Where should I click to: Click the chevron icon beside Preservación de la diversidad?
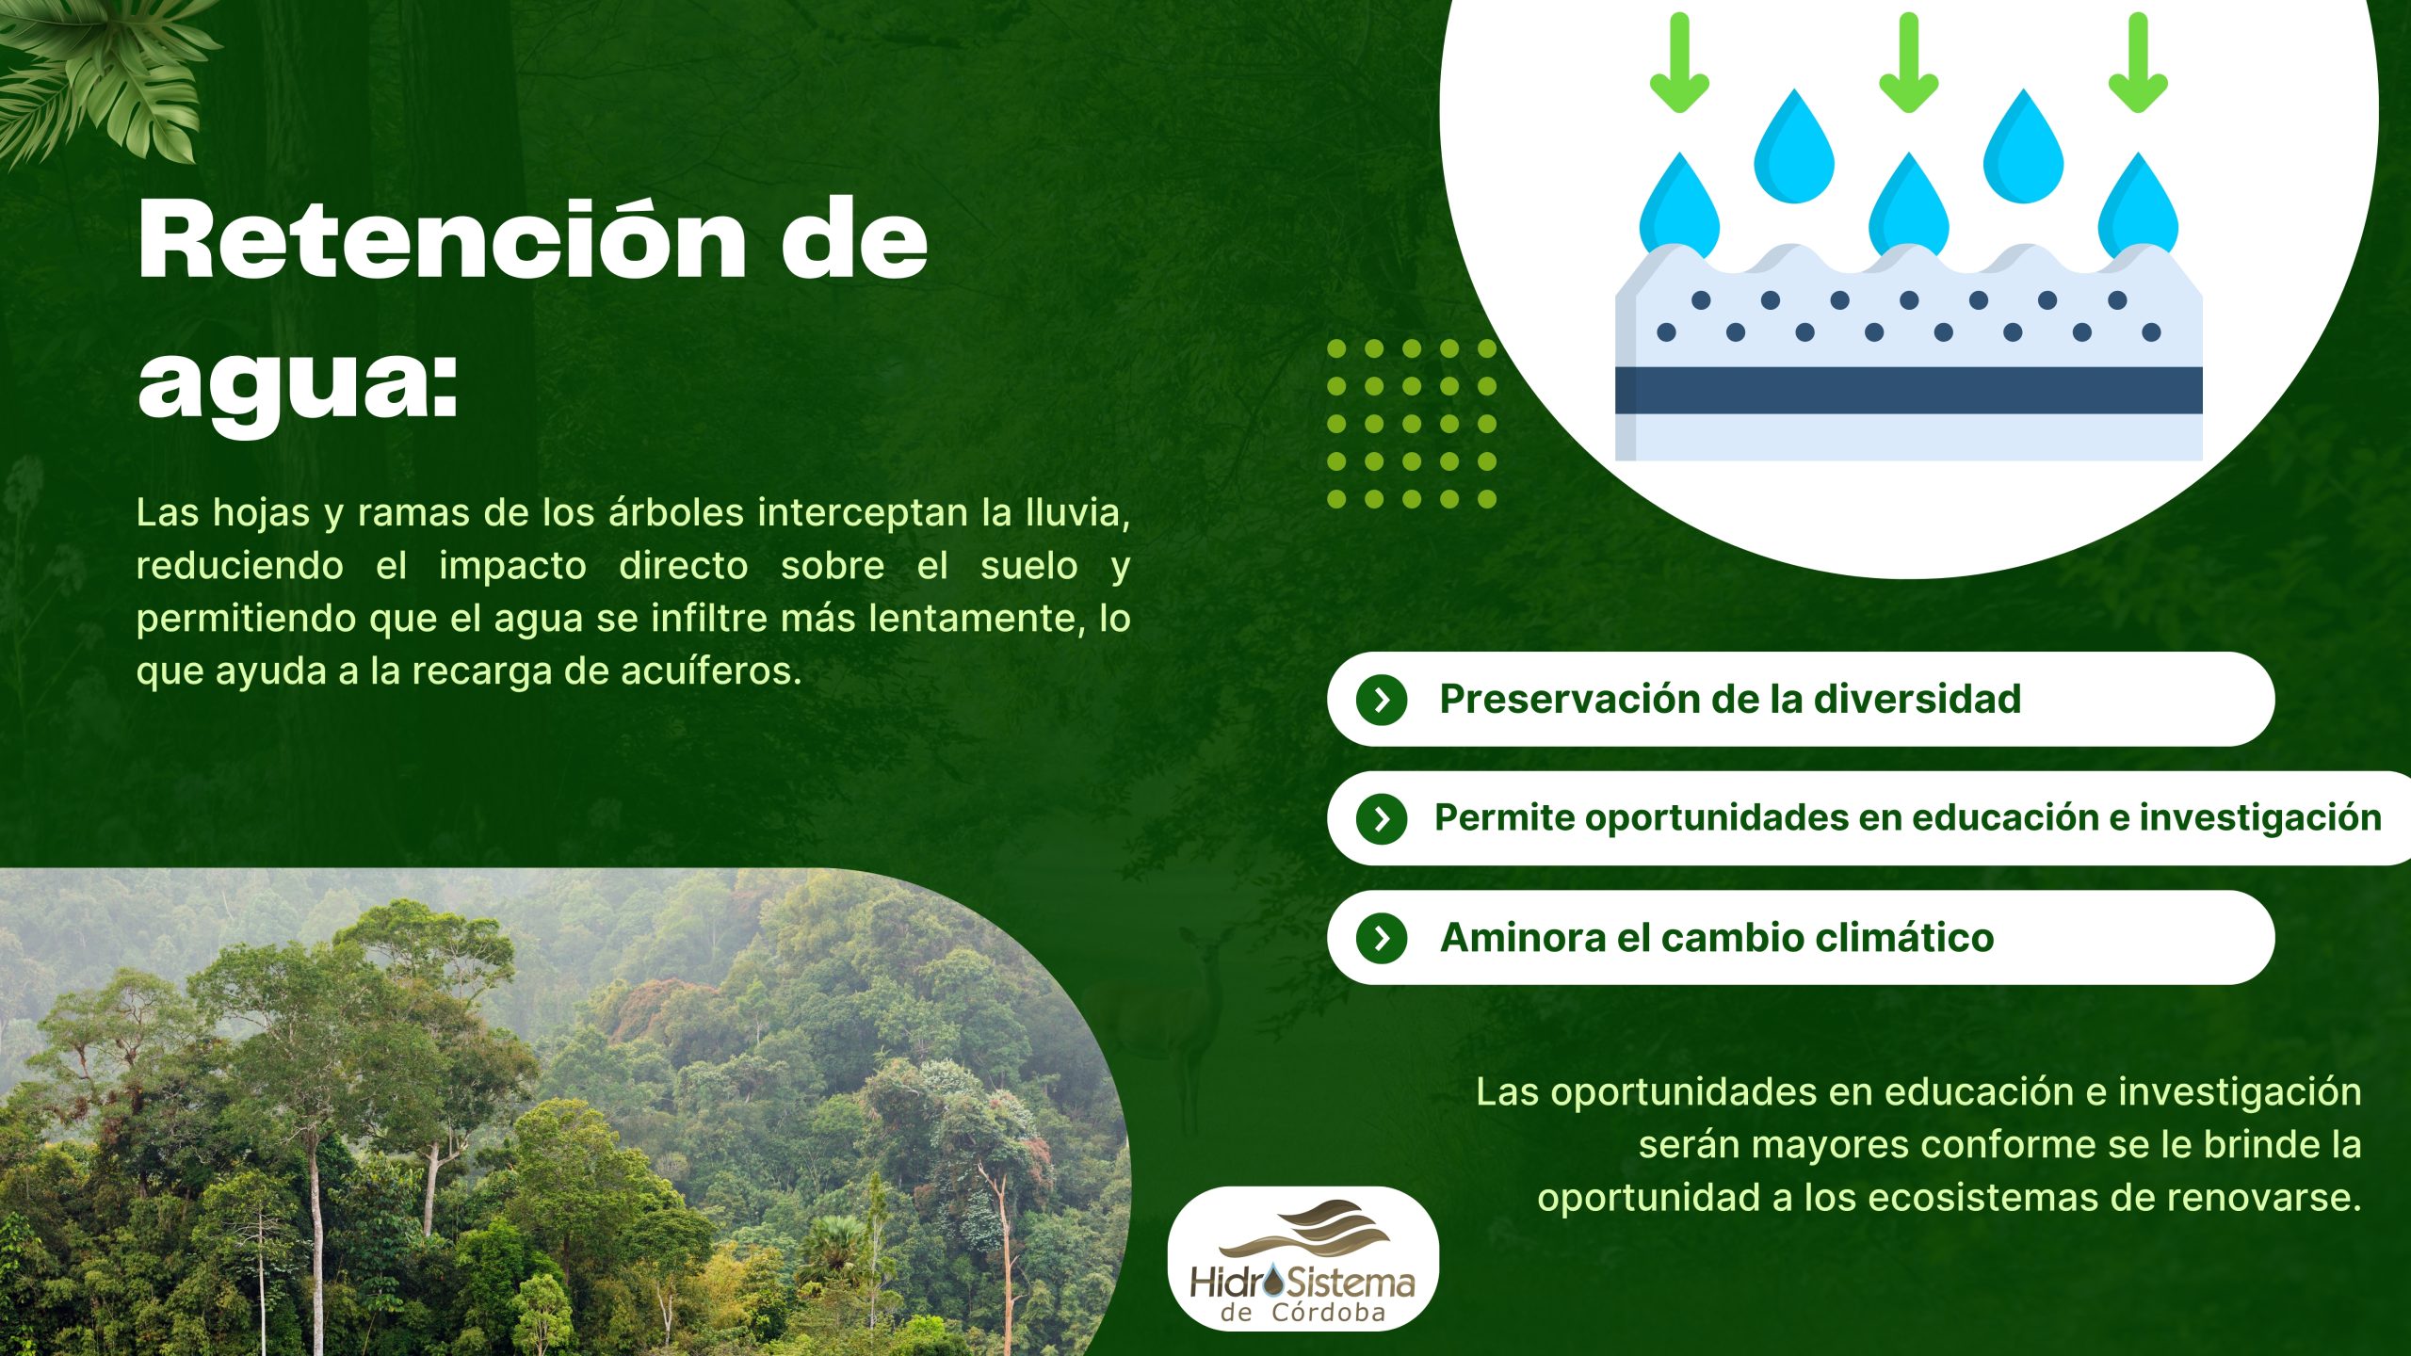point(1382,700)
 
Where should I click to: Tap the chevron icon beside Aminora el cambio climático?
point(1382,938)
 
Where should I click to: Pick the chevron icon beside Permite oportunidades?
point(1382,818)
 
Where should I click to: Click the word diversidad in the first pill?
point(1917,699)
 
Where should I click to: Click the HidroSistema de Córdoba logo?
point(1303,1259)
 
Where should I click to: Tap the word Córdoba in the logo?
point(1329,1314)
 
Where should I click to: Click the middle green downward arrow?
point(1909,63)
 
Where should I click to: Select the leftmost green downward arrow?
point(1679,63)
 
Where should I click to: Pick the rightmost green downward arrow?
point(2138,63)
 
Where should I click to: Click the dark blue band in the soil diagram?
point(1909,390)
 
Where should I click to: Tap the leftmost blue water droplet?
point(1679,207)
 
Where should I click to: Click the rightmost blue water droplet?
point(2138,207)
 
